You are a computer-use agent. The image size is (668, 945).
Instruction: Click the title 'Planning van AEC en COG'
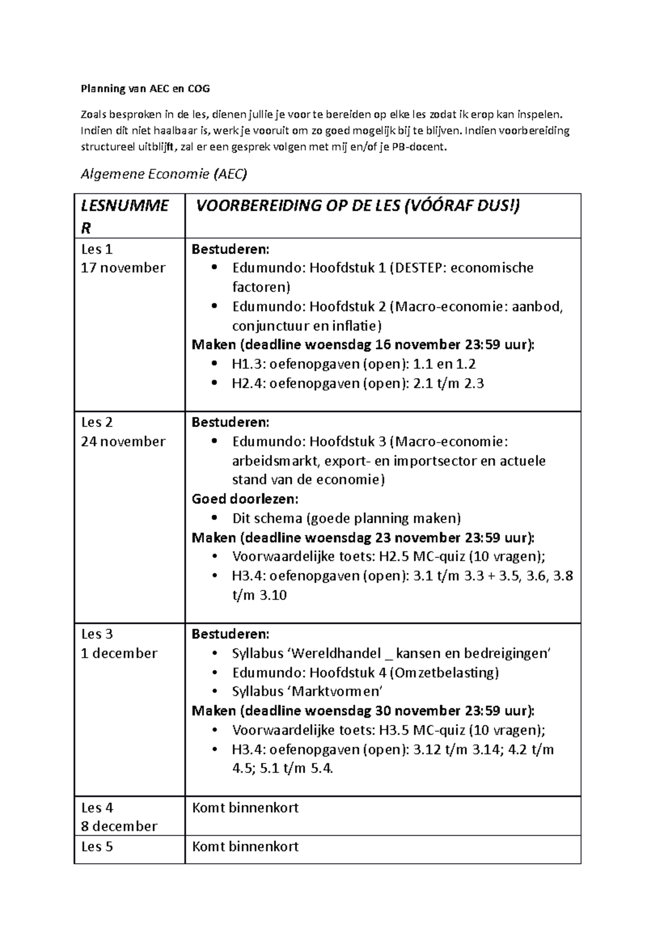[x=145, y=88]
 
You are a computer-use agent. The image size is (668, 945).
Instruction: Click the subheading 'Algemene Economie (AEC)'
[x=164, y=174]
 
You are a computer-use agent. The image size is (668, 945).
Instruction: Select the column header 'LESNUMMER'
[x=125, y=216]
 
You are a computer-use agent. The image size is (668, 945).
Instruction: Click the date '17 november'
[x=123, y=268]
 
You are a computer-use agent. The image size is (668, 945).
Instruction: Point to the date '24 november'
[x=123, y=441]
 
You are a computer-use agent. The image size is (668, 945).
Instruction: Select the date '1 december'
[x=119, y=653]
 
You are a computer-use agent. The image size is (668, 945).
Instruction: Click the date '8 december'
[x=119, y=826]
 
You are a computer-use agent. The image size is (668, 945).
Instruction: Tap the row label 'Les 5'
[x=97, y=846]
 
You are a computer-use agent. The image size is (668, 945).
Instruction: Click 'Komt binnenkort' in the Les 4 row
[x=245, y=808]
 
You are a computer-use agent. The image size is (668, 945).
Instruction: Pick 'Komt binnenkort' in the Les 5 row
[x=245, y=846]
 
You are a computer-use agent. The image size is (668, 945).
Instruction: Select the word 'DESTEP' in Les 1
[x=416, y=268]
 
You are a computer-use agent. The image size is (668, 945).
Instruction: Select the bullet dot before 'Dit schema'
[x=214, y=518]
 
